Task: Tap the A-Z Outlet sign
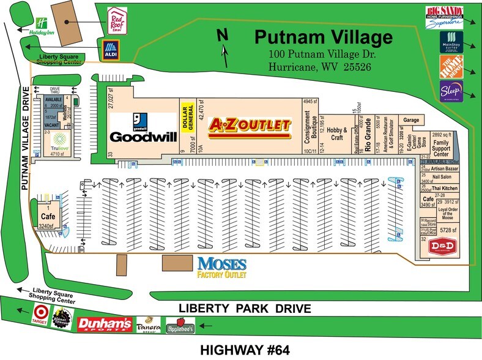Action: pos(249,126)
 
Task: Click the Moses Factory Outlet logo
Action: pos(221,267)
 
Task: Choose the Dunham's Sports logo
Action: pos(111,323)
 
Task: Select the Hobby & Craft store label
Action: pos(336,133)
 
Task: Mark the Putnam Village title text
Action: pos(323,38)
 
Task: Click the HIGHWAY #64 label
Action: pos(244,350)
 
